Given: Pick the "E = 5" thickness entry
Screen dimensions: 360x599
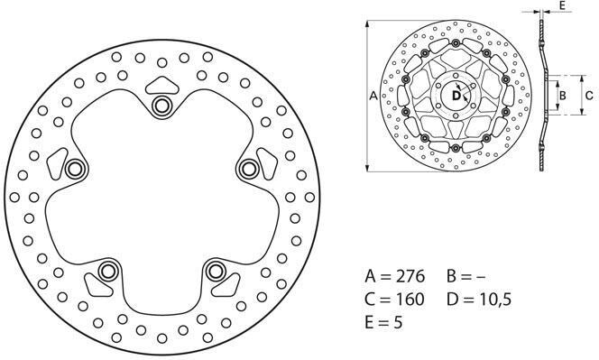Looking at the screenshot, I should pyautogui.click(x=385, y=322).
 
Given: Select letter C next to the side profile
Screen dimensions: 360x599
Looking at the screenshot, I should pyautogui.click(x=589, y=94).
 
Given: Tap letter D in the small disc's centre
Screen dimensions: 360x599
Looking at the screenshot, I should pyautogui.click(x=456, y=95).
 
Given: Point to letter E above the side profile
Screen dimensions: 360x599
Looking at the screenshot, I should pyautogui.click(x=563, y=5).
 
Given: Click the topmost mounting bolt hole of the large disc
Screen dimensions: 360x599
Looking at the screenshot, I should pyautogui.click(x=162, y=106).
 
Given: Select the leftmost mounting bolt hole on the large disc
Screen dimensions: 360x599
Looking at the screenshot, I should pyautogui.click(x=75, y=169).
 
